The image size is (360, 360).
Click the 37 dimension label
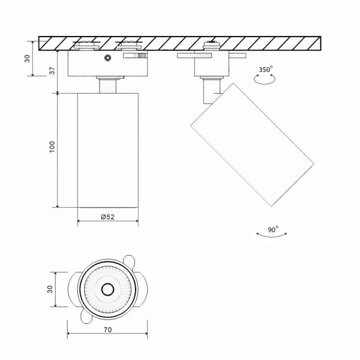coord(52,71)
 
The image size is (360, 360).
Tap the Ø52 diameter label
coord(107,217)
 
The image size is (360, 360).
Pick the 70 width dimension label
coord(107,329)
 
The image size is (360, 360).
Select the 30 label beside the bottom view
coord(51,289)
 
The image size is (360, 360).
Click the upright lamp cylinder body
coord(108,150)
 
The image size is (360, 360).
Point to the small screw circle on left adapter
coord(107,58)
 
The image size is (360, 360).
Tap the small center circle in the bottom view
coord(107,289)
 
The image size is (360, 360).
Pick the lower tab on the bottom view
coord(83,317)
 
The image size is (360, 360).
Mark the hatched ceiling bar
coord(180,43)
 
